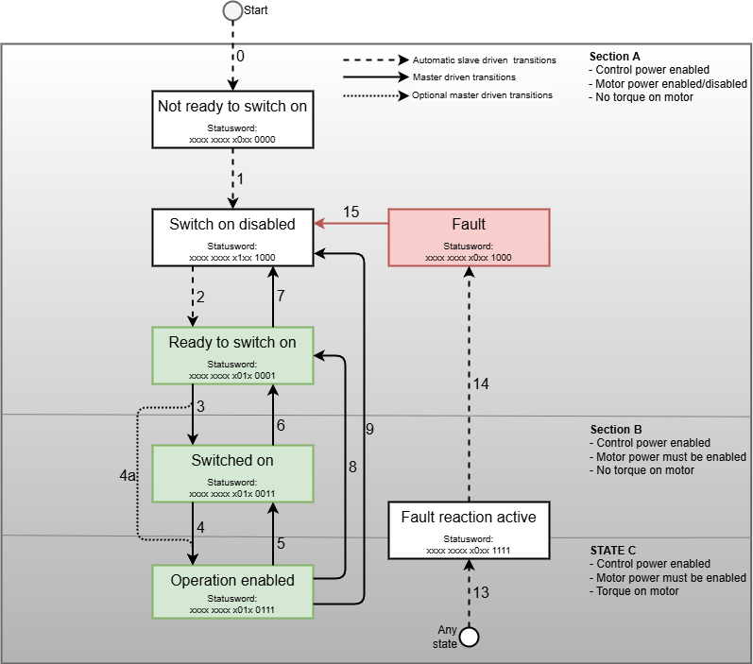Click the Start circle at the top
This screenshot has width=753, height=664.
coord(231,11)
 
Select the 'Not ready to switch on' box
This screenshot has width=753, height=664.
coord(231,119)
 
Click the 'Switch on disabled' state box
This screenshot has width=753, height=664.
coord(231,236)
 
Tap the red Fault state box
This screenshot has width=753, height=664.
coord(469,236)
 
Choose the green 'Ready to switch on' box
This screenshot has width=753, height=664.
coord(231,354)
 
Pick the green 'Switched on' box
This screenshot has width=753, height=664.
coord(231,472)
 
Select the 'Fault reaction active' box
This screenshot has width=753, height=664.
coord(469,529)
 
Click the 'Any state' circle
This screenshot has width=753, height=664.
coord(469,637)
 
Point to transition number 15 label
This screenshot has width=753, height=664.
coord(351,213)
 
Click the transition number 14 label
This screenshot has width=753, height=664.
coord(482,384)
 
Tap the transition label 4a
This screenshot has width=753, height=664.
coord(128,476)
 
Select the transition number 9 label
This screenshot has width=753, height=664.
coord(369,429)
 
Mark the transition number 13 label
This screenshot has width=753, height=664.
coord(482,593)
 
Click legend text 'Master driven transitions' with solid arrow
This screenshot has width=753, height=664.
coord(464,77)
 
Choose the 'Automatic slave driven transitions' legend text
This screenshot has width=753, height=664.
coord(484,60)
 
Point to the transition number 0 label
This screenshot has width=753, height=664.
coord(240,57)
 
